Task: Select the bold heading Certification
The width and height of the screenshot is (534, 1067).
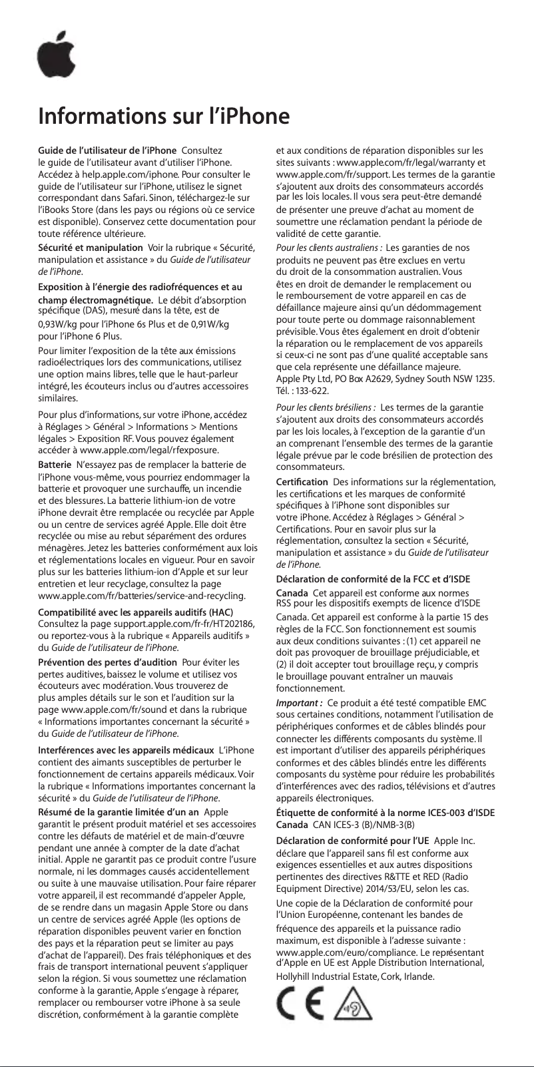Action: click(302, 481)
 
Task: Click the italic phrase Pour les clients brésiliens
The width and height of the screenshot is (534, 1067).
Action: click(326, 407)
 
